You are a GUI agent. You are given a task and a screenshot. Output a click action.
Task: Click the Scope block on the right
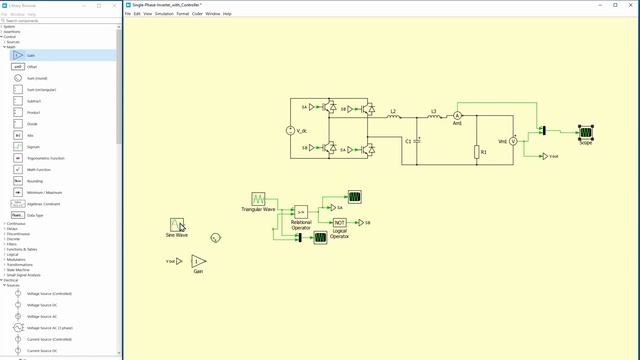[x=586, y=131]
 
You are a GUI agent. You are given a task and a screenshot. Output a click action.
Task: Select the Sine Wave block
[x=177, y=224]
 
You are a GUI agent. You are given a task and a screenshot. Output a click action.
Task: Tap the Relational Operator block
[x=301, y=212]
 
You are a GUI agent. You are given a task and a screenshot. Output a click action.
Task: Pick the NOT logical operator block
[x=340, y=222]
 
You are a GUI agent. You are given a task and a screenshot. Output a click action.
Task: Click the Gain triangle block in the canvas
[x=198, y=261]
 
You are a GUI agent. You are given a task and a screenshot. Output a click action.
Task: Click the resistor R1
[x=478, y=151]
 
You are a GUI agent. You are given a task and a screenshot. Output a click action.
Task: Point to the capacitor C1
[x=418, y=141]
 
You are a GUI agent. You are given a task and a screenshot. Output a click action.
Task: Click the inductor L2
[x=393, y=117]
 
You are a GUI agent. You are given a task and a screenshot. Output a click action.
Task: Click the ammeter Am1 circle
[x=459, y=117]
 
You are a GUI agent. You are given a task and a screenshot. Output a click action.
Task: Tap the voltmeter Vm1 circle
[x=514, y=141]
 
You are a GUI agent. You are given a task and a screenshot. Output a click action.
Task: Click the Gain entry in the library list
[x=31, y=55]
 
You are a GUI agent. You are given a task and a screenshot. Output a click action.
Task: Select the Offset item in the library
[x=32, y=66]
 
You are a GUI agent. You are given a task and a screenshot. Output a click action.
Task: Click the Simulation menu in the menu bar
[x=162, y=14]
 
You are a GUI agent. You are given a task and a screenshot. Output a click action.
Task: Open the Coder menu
[x=197, y=14]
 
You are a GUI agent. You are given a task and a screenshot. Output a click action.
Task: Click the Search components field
[x=60, y=20]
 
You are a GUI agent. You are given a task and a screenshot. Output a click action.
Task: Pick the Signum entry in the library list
[x=33, y=146]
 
